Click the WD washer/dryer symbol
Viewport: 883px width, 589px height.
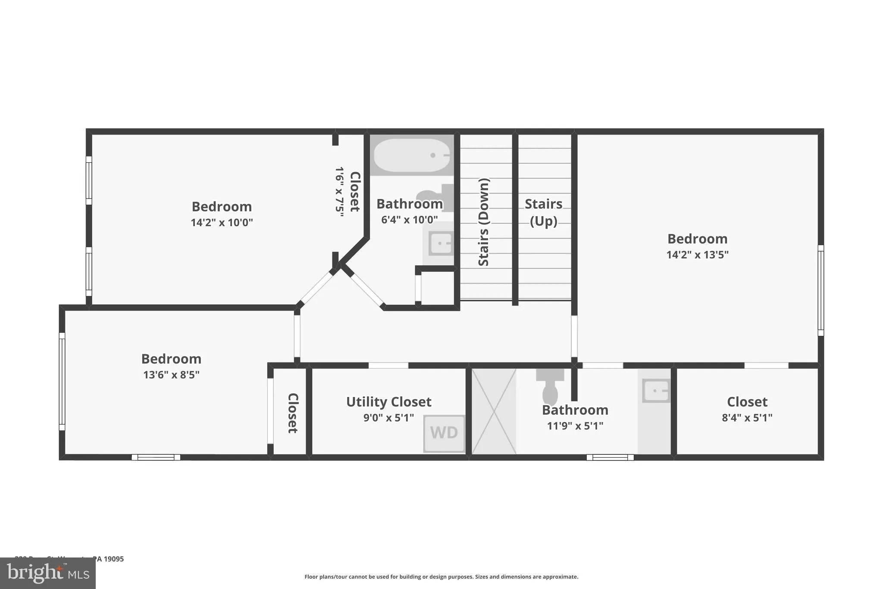444,433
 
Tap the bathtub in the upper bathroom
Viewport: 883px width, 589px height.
412,155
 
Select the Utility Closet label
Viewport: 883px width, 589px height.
388,402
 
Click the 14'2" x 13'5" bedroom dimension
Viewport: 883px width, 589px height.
697,255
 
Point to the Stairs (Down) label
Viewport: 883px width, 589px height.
484,222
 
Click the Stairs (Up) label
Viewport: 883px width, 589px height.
543,212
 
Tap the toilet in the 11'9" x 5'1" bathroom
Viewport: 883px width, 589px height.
550,386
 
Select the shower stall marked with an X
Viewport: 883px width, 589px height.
494,411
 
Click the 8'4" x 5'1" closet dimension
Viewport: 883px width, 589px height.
747,418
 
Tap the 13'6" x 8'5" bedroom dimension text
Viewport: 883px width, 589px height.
171,375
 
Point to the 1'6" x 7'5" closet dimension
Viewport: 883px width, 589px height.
340,192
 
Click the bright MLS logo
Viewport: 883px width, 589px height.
47,573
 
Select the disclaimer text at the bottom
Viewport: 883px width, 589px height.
441,576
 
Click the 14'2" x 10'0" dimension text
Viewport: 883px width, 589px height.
222,223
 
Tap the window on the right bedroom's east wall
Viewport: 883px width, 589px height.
820,290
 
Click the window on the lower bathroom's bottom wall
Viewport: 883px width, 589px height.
610,457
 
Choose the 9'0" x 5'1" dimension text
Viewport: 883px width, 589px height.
388,418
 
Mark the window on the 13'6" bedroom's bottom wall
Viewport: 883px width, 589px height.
156,457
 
